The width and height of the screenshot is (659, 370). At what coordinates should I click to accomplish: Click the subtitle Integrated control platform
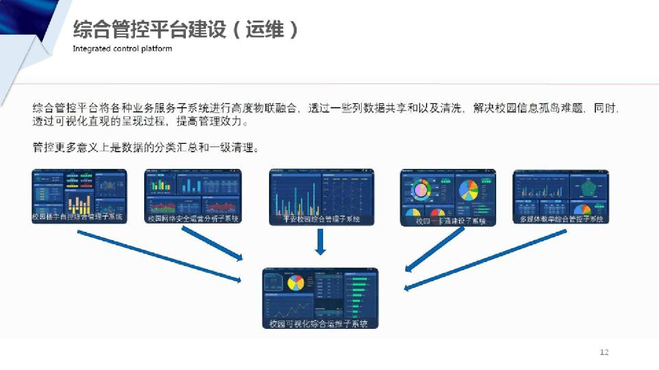[122, 49]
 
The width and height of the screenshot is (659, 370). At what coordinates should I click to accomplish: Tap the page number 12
[604, 352]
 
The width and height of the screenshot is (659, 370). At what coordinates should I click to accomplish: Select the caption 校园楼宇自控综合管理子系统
[78, 217]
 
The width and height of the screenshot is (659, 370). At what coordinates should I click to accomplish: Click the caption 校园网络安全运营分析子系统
[193, 218]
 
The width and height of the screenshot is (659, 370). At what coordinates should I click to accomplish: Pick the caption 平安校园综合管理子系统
[321, 219]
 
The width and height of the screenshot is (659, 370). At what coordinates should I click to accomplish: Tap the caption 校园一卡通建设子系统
[449, 221]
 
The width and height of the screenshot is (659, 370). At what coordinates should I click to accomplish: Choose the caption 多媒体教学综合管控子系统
[561, 219]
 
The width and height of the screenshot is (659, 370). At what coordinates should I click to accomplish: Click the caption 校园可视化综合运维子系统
[320, 324]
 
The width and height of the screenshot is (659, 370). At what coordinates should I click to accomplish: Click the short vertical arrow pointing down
[320, 242]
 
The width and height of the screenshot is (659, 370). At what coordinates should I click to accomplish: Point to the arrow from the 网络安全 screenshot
[212, 244]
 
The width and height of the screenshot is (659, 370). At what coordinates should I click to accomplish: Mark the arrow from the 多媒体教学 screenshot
[486, 260]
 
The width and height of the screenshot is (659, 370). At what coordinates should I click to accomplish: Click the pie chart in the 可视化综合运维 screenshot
[296, 283]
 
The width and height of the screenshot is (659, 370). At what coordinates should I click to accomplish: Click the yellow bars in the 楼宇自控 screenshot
[80, 204]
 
